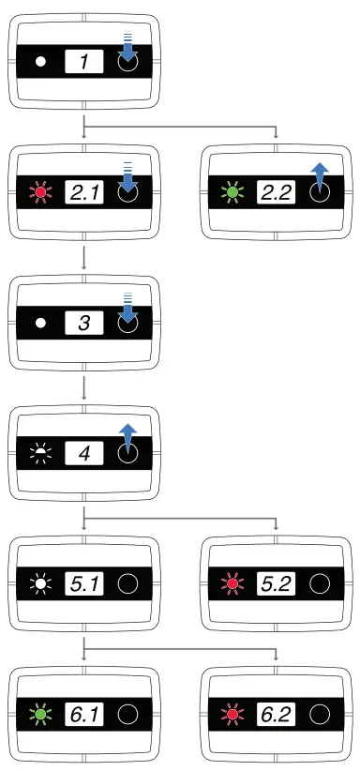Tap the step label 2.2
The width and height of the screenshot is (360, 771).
click(x=276, y=194)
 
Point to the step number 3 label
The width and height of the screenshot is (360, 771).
click(x=84, y=324)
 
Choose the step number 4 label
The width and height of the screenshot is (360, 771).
click(x=84, y=454)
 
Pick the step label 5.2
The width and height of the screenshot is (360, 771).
click(x=276, y=583)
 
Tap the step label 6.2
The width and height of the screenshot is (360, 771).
click(x=276, y=714)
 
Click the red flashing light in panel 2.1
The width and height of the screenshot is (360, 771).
click(x=39, y=194)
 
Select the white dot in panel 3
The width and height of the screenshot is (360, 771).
click(x=39, y=324)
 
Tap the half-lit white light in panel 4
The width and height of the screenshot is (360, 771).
click(x=39, y=454)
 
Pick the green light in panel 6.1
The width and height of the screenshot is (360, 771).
click(x=39, y=714)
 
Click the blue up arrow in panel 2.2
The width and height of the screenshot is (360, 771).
click(x=320, y=174)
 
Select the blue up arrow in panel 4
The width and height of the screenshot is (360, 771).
click(x=128, y=434)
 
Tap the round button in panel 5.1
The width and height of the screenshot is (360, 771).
click(x=128, y=583)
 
